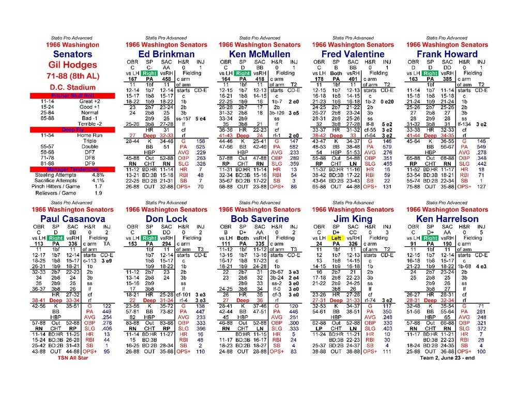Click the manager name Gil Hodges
pyautogui.click(x=72, y=65)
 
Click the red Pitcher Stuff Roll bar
pyautogui.click(x=72, y=96)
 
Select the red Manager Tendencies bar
pyautogui.click(x=72, y=169)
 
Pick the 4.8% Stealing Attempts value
pyautogui.click(x=98, y=175)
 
